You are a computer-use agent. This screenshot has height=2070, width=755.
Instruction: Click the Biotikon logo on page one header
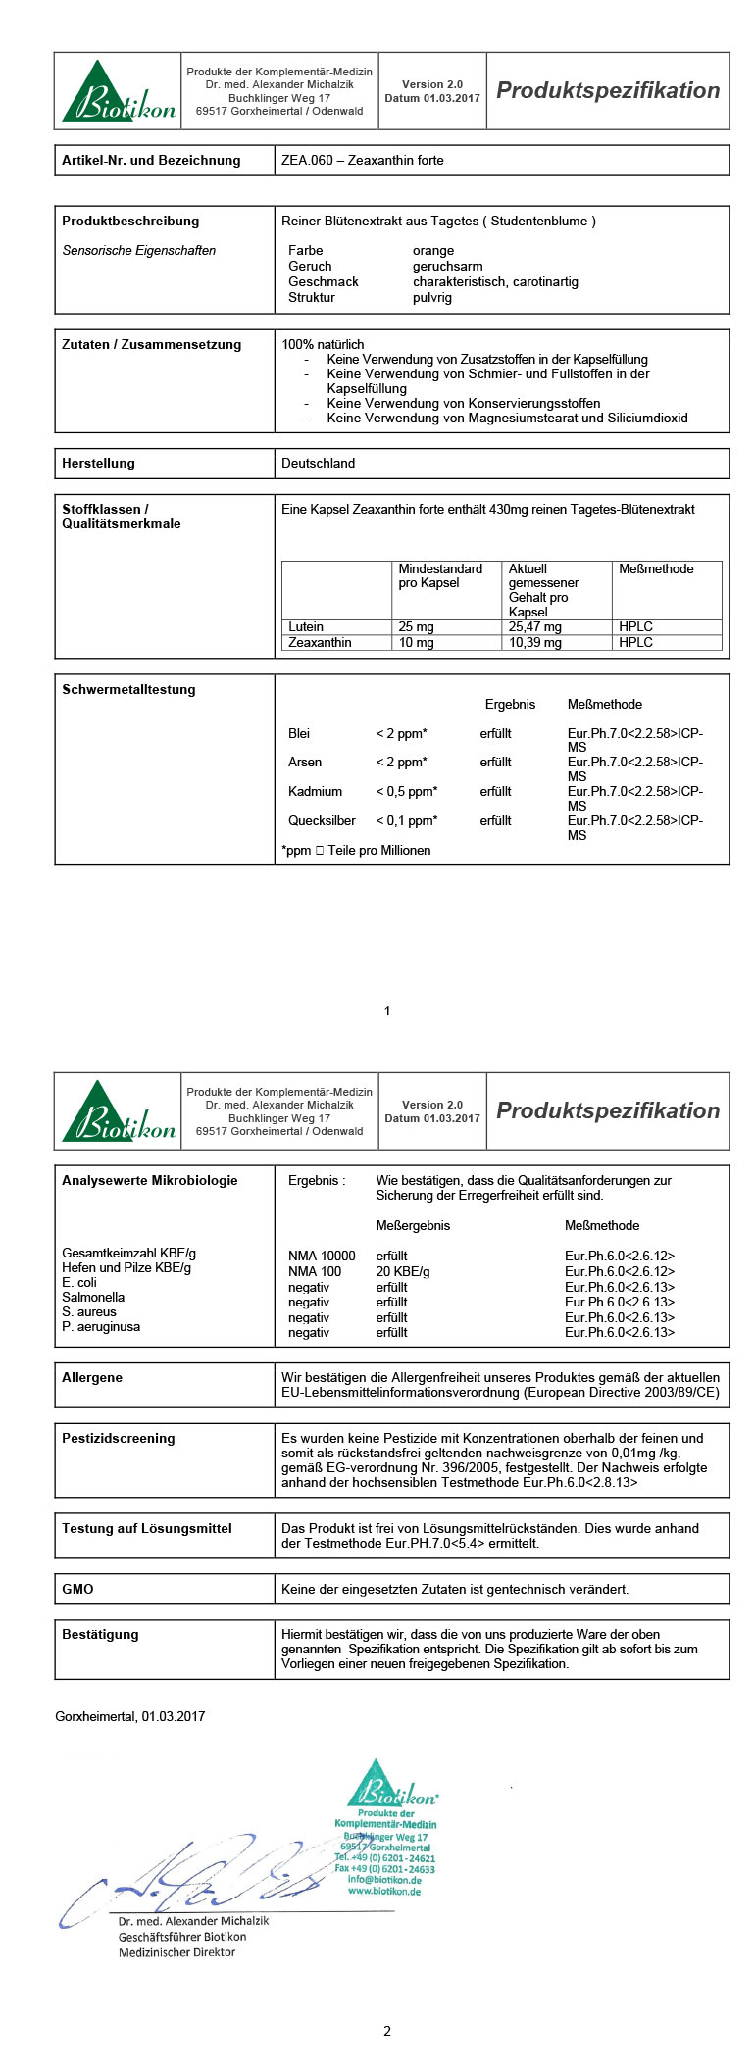point(118,92)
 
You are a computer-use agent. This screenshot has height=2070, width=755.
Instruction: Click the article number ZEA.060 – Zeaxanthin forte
point(362,161)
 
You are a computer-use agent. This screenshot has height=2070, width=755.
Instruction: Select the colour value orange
point(432,251)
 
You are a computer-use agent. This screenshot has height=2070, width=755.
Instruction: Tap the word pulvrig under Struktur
point(431,298)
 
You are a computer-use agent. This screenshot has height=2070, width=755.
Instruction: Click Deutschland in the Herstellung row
point(318,464)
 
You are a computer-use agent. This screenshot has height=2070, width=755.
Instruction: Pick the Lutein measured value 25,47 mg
point(534,627)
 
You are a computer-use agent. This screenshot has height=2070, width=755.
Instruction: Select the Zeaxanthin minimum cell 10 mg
point(416,643)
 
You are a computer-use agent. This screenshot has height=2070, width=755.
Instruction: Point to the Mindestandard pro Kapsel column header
point(440,576)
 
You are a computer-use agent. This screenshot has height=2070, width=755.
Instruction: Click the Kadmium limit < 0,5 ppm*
point(406,792)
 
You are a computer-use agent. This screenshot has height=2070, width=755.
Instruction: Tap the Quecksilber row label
point(322,821)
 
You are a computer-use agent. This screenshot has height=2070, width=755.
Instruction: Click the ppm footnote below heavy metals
point(356,851)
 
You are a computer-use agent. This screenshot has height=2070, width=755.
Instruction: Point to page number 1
point(387,1010)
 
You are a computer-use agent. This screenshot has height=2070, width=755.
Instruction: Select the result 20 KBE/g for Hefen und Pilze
point(402,1271)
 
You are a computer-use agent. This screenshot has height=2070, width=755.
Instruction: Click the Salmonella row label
point(93,1298)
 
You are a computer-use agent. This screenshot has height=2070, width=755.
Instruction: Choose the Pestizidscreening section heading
point(118,1439)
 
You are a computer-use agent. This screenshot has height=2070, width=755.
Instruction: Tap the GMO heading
point(77,1590)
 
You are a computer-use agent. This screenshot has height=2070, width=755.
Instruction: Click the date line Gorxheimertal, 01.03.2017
point(130,1717)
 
